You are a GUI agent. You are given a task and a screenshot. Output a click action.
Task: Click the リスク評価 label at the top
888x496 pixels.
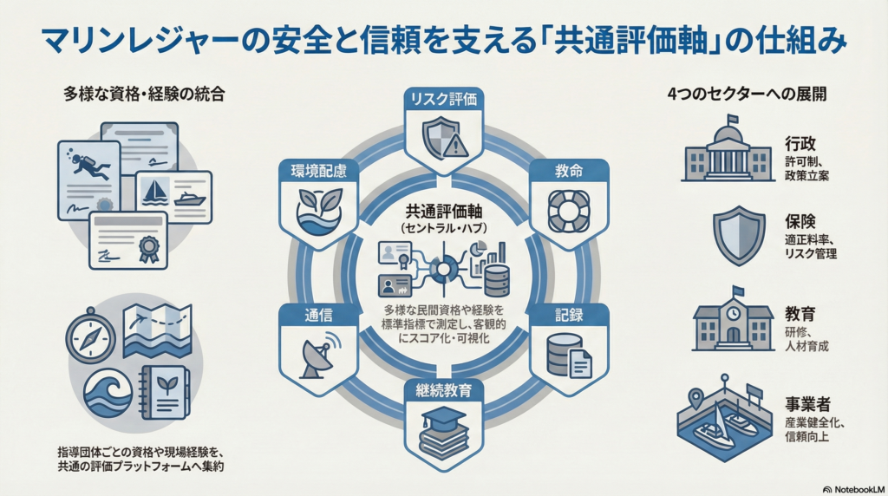coord(443,99)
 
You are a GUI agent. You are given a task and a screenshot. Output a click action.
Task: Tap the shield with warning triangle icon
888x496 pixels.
coord(445,139)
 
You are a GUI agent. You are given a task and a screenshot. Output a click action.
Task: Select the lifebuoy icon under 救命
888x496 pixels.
coord(569,212)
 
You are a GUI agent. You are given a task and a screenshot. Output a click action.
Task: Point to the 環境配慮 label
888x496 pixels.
coord(318,171)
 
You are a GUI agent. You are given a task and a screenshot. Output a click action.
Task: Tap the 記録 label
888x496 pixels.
coord(569,316)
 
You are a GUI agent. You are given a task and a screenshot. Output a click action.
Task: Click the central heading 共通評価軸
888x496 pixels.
coord(443,212)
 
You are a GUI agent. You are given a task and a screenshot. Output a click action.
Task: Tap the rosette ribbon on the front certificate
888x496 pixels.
coord(149,249)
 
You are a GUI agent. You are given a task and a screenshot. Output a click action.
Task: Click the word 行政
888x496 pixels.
coord(800,143)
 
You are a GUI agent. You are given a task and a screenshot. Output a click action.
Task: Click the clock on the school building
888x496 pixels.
coord(734,313)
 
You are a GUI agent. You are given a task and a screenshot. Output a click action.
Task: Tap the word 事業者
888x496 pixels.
coord(807,404)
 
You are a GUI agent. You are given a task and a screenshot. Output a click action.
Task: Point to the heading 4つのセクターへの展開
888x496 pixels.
coord(747,94)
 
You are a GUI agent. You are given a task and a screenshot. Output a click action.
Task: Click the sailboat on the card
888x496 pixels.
coord(154,192)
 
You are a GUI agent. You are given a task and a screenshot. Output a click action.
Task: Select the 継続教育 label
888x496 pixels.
coord(443,391)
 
